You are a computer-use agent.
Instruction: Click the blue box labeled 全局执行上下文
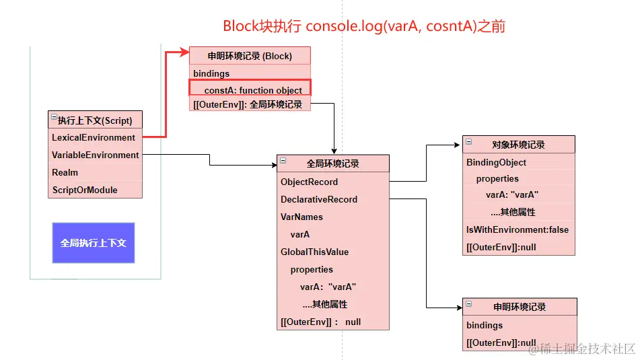coord(94,243)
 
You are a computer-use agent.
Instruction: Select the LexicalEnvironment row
coord(95,137)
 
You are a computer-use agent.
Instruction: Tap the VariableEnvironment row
coord(95,155)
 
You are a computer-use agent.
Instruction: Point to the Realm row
coord(95,173)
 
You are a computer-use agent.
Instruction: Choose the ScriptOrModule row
coord(95,190)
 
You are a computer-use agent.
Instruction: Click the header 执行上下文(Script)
coord(95,120)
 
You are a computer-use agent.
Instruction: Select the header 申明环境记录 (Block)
coord(250,56)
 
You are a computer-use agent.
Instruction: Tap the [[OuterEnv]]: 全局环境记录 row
coord(250,104)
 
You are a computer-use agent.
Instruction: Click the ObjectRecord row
coord(333,182)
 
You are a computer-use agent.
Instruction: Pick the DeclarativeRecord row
coord(333,200)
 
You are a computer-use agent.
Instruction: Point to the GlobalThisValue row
coord(333,252)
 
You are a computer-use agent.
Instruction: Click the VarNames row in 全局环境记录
coord(333,217)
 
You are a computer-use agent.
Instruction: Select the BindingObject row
coord(519,162)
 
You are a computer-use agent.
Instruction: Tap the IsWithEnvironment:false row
coord(519,230)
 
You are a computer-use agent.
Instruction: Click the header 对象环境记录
coord(519,145)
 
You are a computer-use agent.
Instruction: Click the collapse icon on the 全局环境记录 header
coord(283,160)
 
